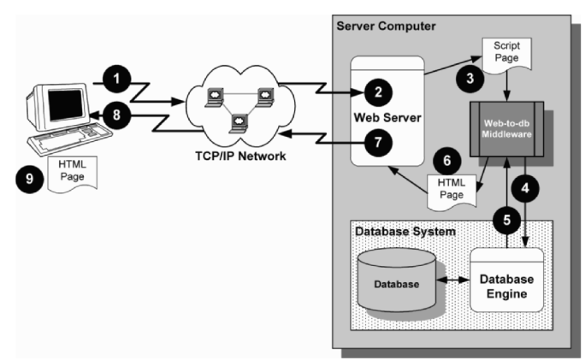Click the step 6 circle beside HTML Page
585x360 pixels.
click(446, 160)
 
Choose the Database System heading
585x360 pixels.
click(406, 230)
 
